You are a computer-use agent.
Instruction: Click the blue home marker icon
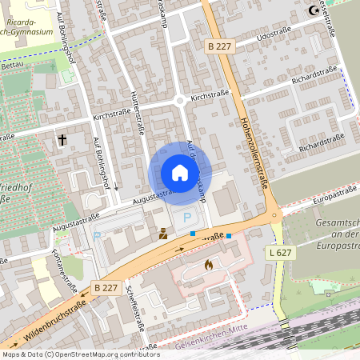coord(180,173)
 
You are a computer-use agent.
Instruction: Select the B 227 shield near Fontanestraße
coord(106,286)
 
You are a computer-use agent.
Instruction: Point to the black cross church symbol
coord(62,140)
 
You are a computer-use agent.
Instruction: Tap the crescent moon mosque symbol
coord(314,10)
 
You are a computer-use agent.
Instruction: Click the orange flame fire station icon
coord(210,263)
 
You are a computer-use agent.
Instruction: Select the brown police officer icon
coord(162,234)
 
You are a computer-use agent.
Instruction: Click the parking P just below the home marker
coord(188,217)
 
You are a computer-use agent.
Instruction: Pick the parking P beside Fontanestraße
coord(98,237)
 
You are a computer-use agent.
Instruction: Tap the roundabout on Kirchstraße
coord(180,101)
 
